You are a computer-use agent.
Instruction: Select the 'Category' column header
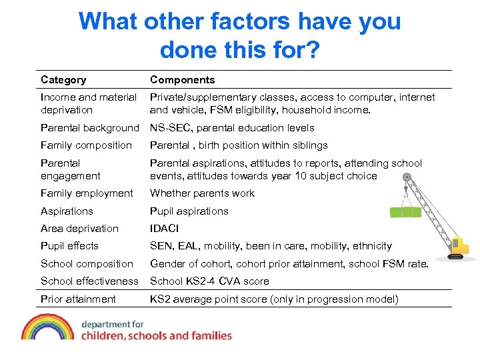63,80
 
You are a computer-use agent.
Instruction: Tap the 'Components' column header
182,80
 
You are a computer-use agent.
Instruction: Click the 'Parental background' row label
89,128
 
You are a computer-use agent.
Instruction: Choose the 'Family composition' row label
86,145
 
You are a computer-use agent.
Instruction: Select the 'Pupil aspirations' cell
189,211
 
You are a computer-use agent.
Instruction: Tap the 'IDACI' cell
165,229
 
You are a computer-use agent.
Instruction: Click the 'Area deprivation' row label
79,229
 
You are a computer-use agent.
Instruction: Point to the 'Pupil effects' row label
69,246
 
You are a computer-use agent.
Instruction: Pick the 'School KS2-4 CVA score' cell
209,281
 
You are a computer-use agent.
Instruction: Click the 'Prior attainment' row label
78,299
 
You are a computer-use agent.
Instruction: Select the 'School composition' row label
87,264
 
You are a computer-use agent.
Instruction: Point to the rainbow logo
47,327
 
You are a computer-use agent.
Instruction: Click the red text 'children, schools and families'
156,335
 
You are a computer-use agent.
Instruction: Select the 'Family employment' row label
87,193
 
